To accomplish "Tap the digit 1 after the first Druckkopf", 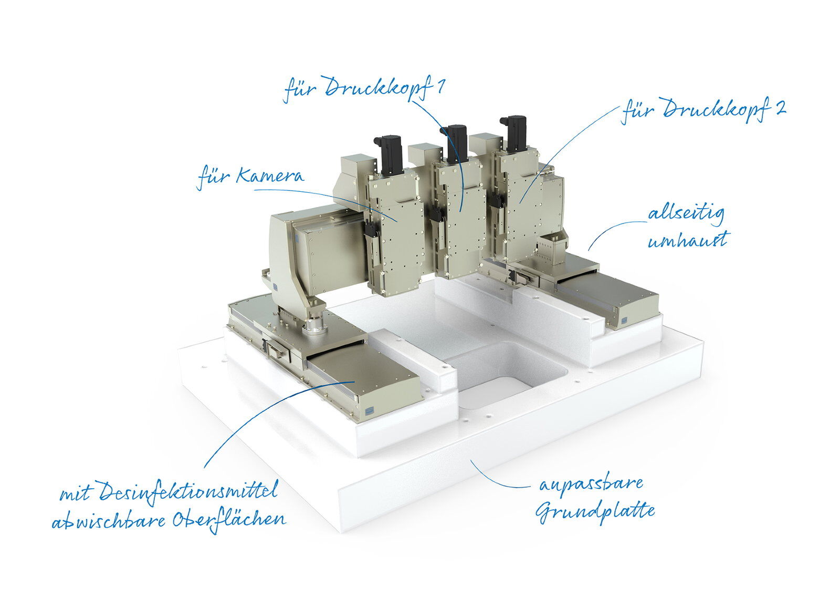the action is click(440, 87).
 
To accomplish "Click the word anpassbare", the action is click(591, 485).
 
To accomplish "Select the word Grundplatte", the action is click(595, 512).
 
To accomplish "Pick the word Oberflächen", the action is click(229, 521).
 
